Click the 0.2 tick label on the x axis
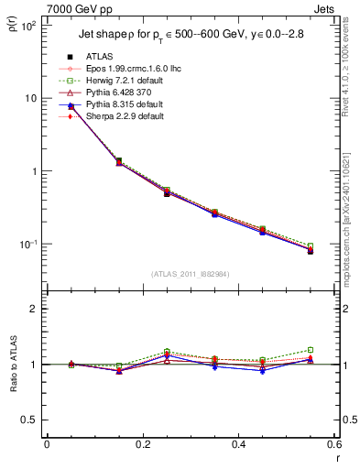click(x=142, y=444)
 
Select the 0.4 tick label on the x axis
click(x=238, y=444)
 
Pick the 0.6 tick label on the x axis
click(x=333, y=444)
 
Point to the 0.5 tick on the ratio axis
click(x=30, y=420)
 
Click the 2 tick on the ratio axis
click(x=33, y=310)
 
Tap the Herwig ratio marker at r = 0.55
click(x=311, y=350)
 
